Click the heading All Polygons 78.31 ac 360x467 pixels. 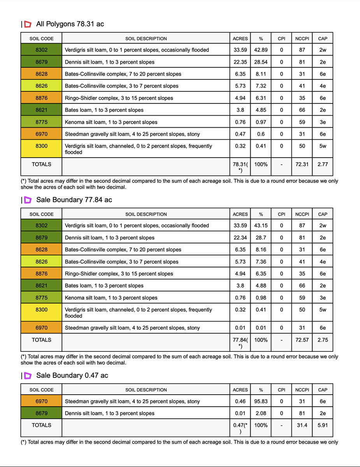click(x=70, y=24)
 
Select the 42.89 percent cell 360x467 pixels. click(x=261, y=50)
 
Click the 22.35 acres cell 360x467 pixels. click(x=240, y=62)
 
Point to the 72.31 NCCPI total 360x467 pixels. click(x=302, y=164)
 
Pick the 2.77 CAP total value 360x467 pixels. click(x=322, y=164)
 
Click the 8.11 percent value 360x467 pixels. click(x=261, y=74)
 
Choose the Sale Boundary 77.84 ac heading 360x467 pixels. click(x=74, y=200)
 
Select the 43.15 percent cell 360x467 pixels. click(x=261, y=225)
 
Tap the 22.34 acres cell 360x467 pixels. click(x=240, y=237)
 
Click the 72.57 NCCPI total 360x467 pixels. click(x=302, y=340)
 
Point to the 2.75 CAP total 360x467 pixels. click(x=322, y=340)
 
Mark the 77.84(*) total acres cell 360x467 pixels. click(x=240, y=342)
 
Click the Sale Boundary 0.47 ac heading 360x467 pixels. click(x=72, y=375)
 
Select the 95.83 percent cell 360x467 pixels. click(x=261, y=401)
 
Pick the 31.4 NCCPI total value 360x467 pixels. click(x=302, y=425)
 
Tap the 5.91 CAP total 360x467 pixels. click(x=322, y=425)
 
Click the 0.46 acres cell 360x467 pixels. click(x=240, y=401)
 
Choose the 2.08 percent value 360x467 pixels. click(x=261, y=413)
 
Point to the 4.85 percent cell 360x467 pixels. click(x=261, y=110)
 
